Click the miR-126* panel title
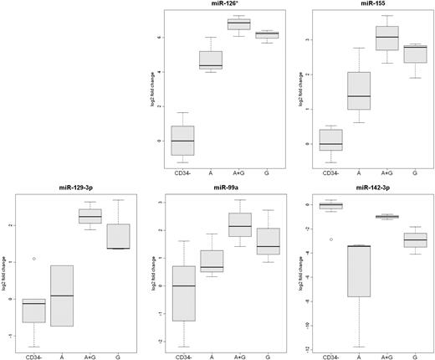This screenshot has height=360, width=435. click(x=222, y=4)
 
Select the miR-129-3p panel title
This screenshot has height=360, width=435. click(x=76, y=186)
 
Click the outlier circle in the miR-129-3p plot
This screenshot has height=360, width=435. click(x=33, y=259)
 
